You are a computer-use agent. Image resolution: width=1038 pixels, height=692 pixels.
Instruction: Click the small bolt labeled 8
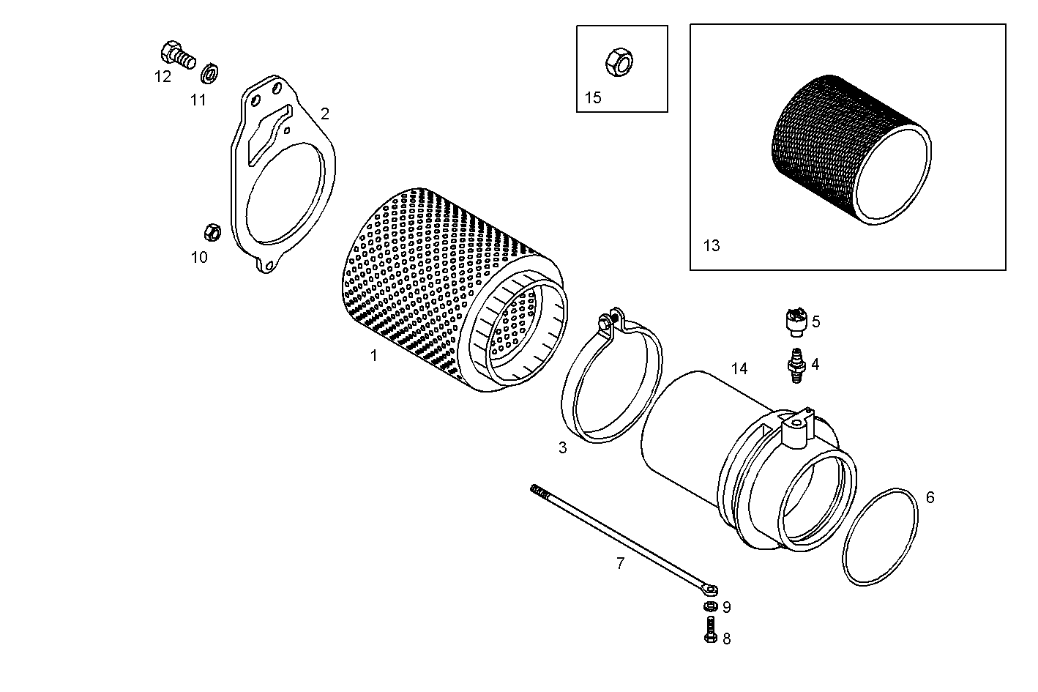click(709, 630)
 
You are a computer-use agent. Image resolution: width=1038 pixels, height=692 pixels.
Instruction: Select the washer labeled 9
click(709, 606)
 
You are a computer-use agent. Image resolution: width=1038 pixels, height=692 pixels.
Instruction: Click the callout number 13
click(712, 245)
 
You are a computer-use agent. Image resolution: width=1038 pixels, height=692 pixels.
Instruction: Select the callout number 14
click(739, 368)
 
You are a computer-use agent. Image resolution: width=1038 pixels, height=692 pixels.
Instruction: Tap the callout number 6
click(930, 498)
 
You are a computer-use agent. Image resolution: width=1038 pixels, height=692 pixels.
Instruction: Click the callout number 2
click(325, 114)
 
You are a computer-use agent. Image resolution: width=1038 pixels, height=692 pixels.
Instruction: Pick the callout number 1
click(374, 356)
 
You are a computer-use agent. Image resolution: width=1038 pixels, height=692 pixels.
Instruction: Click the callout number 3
click(562, 447)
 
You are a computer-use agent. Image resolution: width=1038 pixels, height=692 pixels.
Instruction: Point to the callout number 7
click(620, 563)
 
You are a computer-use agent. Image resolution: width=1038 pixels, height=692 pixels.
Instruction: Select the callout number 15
click(593, 97)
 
